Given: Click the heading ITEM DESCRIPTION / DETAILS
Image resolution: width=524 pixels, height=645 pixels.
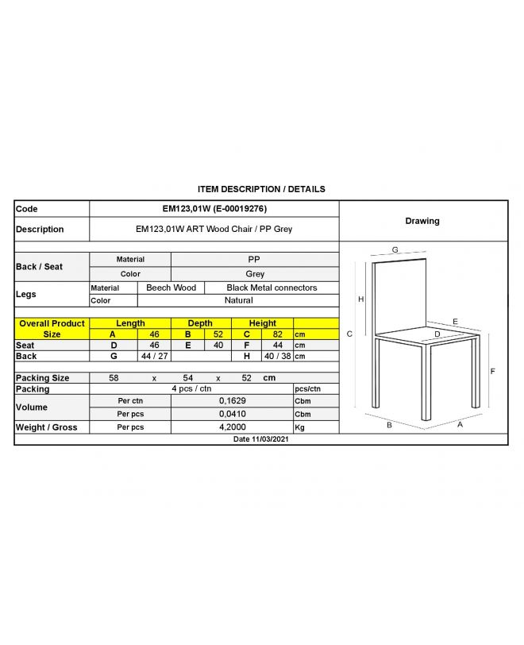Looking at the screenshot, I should coord(261,189).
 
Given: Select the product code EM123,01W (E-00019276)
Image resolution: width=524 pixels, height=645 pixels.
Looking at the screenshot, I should coord(214,208).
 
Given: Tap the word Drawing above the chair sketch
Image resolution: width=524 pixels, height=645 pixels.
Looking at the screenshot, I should coord(422,221).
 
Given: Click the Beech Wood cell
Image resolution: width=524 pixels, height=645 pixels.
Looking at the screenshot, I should coord(171,288).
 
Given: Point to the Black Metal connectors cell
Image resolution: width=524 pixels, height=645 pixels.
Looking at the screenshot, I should coord(272,288).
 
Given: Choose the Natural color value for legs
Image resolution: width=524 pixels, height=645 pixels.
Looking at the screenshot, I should coord(238,300).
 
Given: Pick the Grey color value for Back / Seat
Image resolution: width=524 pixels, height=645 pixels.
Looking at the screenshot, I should coord(255,273).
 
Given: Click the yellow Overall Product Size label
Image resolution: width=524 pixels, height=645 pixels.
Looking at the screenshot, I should coord(52,329).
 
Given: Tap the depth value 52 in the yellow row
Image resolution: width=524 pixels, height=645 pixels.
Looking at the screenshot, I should coord(218,334).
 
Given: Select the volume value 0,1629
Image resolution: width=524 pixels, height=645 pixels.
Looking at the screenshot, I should coord(232,401).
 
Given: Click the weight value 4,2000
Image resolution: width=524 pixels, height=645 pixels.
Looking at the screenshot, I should coord(232,427).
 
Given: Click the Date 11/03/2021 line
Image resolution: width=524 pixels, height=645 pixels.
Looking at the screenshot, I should coord(261,438).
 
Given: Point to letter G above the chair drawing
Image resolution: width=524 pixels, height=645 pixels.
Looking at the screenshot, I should coord(395,249).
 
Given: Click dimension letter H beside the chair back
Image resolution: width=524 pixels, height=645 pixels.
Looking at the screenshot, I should coord(361,299).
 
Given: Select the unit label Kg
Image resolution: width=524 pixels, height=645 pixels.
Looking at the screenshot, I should coord(300,427).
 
